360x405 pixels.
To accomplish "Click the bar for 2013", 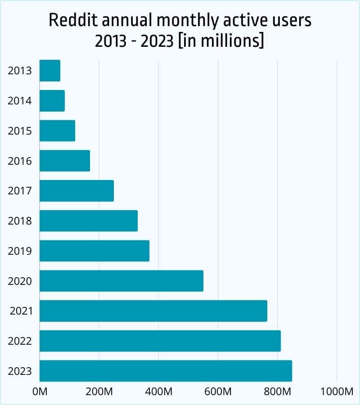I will (x=50, y=71).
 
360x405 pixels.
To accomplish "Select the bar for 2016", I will (x=65, y=161).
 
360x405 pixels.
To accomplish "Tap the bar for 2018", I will (x=89, y=220).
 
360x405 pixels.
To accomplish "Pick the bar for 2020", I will (x=121, y=281).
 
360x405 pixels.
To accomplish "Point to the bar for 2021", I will (x=153, y=311).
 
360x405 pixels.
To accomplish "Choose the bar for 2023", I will (x=166, y=371).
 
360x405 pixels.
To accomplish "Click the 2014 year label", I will (x=20, y=101).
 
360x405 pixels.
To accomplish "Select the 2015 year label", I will (x=20, y=131).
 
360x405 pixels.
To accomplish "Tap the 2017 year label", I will (x=20, y=191).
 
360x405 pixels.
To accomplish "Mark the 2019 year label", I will (x=20, y=251).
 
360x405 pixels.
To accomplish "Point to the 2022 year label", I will (x=20, y=341).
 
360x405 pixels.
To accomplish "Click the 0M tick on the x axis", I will (x=40, y=391).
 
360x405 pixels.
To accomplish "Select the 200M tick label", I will (x=99, y=391).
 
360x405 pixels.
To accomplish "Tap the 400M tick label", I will (x=158, y=391).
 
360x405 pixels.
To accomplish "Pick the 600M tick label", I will (x=218, y=391).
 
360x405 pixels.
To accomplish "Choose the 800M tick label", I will (x=277, y=391).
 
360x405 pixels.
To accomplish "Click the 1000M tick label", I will (x=337, y=391).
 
